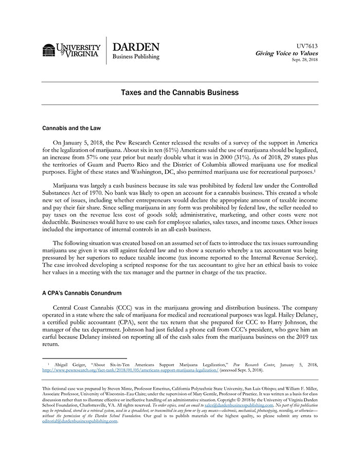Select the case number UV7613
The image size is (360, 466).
click(308, 46)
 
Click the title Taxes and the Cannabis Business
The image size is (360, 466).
click(179, 93)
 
